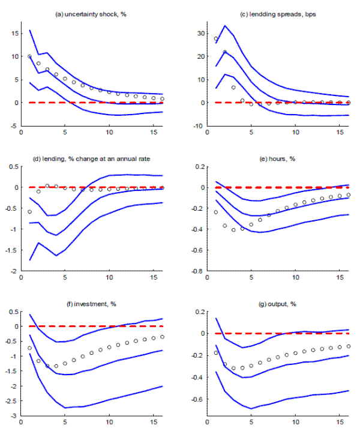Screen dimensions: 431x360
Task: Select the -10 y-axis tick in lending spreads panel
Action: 187,126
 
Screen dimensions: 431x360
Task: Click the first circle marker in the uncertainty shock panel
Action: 29,56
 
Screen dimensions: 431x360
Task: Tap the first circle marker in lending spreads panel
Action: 208,39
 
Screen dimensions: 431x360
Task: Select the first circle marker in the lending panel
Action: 29,211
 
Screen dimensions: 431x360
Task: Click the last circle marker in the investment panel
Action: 163,337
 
